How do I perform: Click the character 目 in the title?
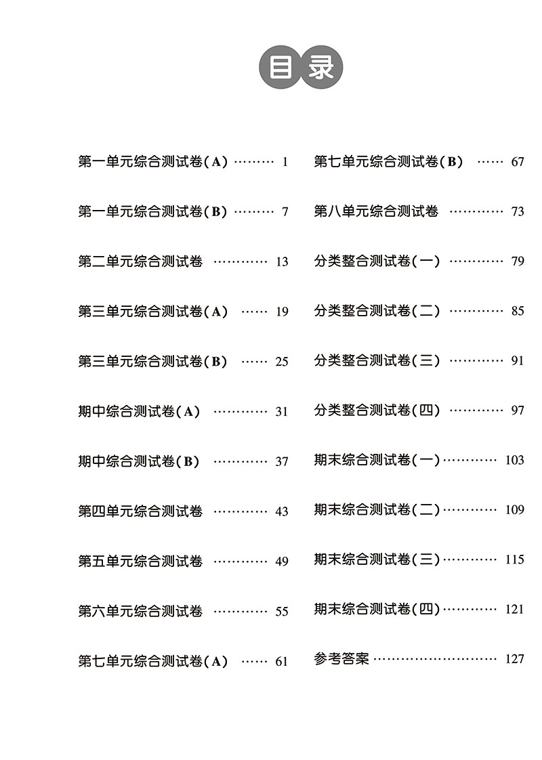click(x=282, y=68)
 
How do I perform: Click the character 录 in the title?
click(x=321, y=68)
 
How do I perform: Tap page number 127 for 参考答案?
click(x=514, y=658)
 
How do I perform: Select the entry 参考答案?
click(x=341, y=658)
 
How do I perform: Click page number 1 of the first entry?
click(x=285, y=162)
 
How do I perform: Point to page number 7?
click(x=285, y=212)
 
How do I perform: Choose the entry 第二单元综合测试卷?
click(x=140, y=261)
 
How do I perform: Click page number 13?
click(x=282, y=261)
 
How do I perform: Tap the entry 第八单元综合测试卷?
click(x=376, y=211)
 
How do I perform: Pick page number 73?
click(x=518, y=211)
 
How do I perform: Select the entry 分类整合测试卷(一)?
click(x=377, y=261)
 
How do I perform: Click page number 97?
click(x=518, y=410)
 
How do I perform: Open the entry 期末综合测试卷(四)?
click(x=377, y=609)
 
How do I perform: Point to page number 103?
click(x=514, y=460)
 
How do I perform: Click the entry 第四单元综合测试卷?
click(x=140, y=511)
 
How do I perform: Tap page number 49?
click(x=282, y=562)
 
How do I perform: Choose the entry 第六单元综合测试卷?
click(x=140, y=611)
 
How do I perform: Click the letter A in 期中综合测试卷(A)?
click(x=188, y=412)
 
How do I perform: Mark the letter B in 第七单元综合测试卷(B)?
click(x=452, y=162)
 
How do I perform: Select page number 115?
click(x=514, y=560)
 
